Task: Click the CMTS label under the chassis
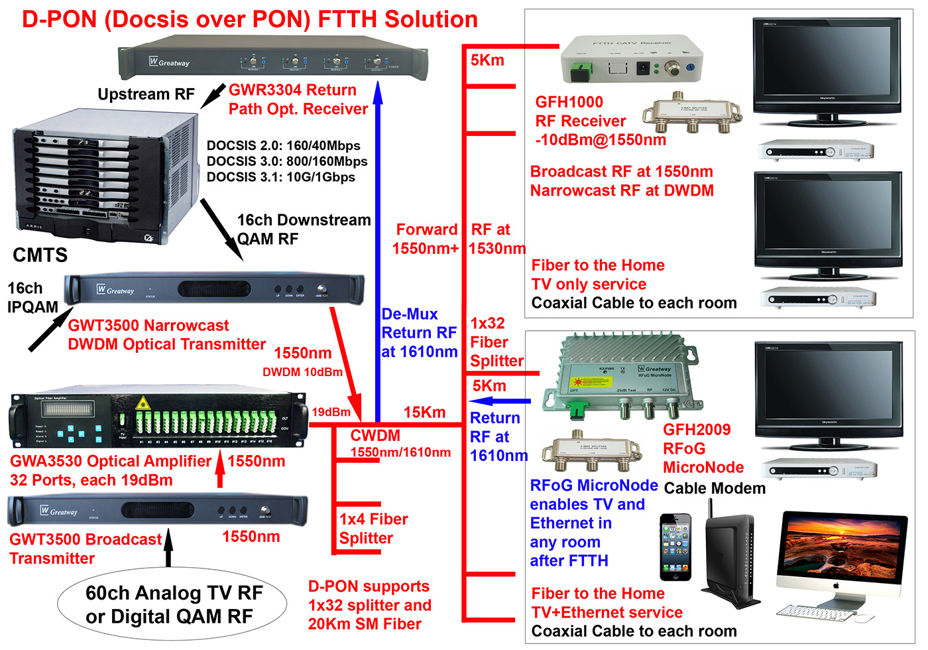point(40,255)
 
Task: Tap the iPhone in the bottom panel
point(675,547)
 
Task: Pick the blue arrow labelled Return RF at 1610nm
point(501,401)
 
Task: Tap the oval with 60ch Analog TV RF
point(172,604)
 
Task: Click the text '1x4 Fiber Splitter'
point(373,529)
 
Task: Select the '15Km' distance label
point(424,413)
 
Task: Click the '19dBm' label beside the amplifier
point(331,412)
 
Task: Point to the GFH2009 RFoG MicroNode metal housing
point(620,375)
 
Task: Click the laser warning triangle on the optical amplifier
point(141,403)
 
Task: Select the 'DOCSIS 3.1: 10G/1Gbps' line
point(280,177)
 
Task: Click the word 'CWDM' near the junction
point(375,436)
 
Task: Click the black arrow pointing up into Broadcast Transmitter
point(168,547)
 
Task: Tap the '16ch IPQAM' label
point(32,297)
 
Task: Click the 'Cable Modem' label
point(715,488)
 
